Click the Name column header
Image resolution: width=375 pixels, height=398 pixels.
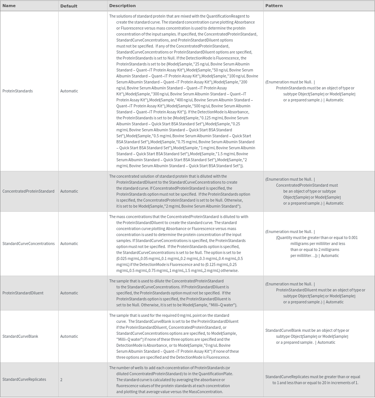(x=9, y=6)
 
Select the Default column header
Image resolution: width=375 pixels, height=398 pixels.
(x=69, y=6)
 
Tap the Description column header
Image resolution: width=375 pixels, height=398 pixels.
(x=122, y=6)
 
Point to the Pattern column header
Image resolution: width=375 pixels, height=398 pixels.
(x=274, y=6)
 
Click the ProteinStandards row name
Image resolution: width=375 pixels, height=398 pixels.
(x=18, y=91)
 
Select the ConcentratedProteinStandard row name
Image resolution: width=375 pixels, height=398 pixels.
(x=28, y=191)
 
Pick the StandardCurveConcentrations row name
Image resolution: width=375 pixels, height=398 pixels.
(x=28, y=244)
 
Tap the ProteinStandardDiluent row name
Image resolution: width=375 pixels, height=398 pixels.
(x=23, y=293)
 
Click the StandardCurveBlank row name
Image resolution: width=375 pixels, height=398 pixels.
(x=20, y=336)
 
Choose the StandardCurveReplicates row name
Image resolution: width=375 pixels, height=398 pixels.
(x=24, y=379)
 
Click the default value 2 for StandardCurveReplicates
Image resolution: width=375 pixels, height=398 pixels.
(x=61, y=379)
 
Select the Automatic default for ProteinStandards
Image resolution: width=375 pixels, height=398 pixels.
(x=69, y=91)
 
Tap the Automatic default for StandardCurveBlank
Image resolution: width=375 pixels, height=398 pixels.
(x=69, y=336)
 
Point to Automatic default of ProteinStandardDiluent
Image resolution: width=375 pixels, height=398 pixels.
(x=69, y=293)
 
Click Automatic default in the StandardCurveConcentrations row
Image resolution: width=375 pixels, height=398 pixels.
(x=69, y=244)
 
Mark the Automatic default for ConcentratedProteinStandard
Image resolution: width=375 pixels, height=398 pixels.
(x=69, y=191)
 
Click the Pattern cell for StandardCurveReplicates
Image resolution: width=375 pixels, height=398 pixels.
(x=313, y=380)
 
